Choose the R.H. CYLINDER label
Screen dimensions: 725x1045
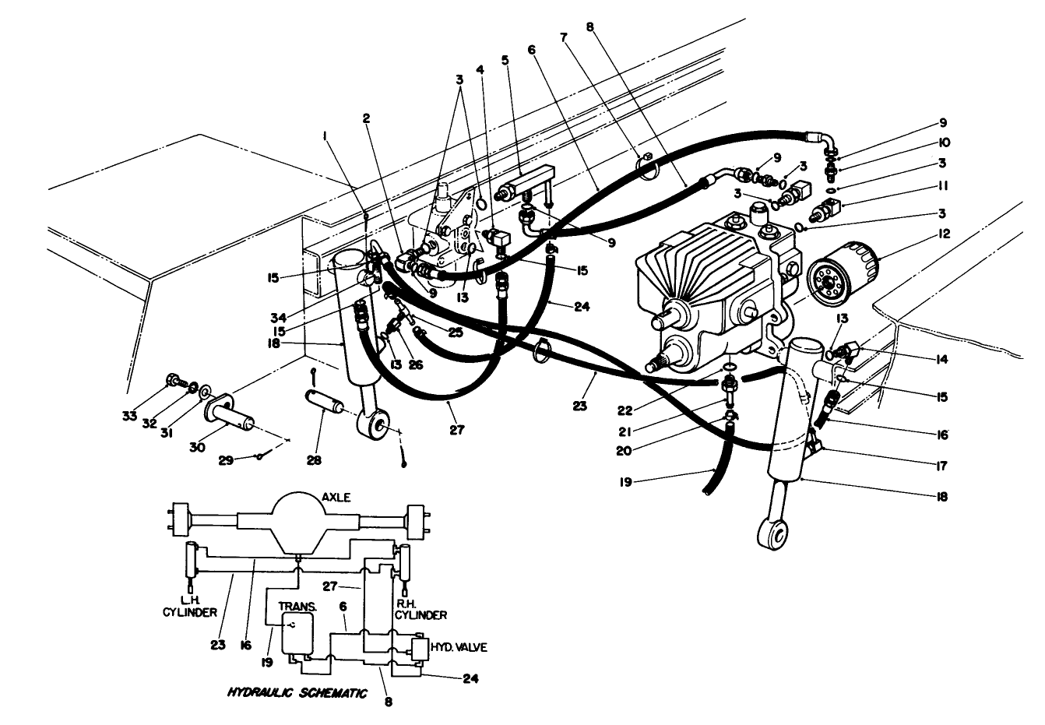(x=420, y=609)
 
